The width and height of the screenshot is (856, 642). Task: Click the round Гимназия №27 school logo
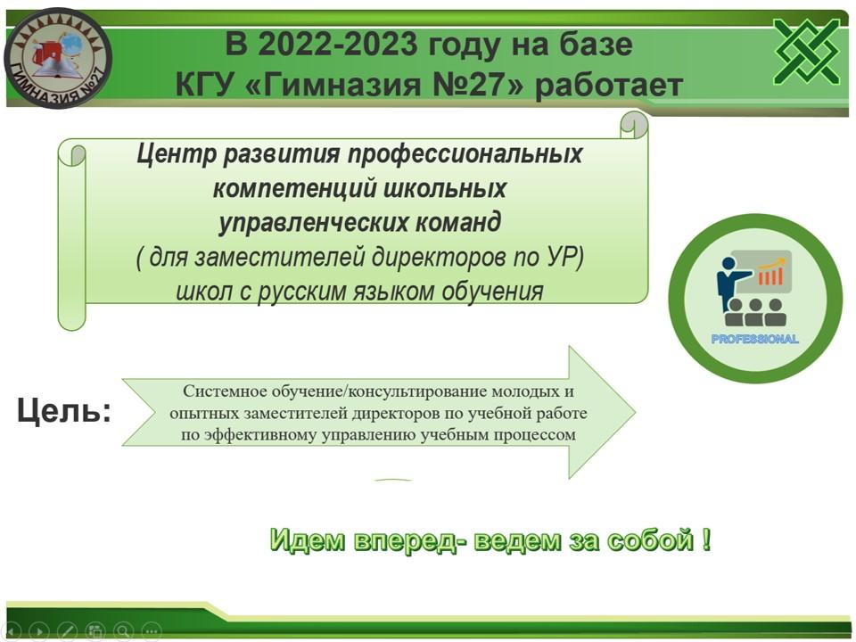58,58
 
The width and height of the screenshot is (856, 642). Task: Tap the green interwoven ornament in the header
807,52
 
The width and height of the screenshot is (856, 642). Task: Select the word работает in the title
609,86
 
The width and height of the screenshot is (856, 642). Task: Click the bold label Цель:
64,410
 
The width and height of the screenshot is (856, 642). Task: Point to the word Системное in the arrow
225,391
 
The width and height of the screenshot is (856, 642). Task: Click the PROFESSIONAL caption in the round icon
754,339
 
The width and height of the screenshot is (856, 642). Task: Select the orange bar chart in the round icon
771,273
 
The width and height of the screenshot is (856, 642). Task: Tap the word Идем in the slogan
308,540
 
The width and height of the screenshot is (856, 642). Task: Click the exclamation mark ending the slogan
706,539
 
